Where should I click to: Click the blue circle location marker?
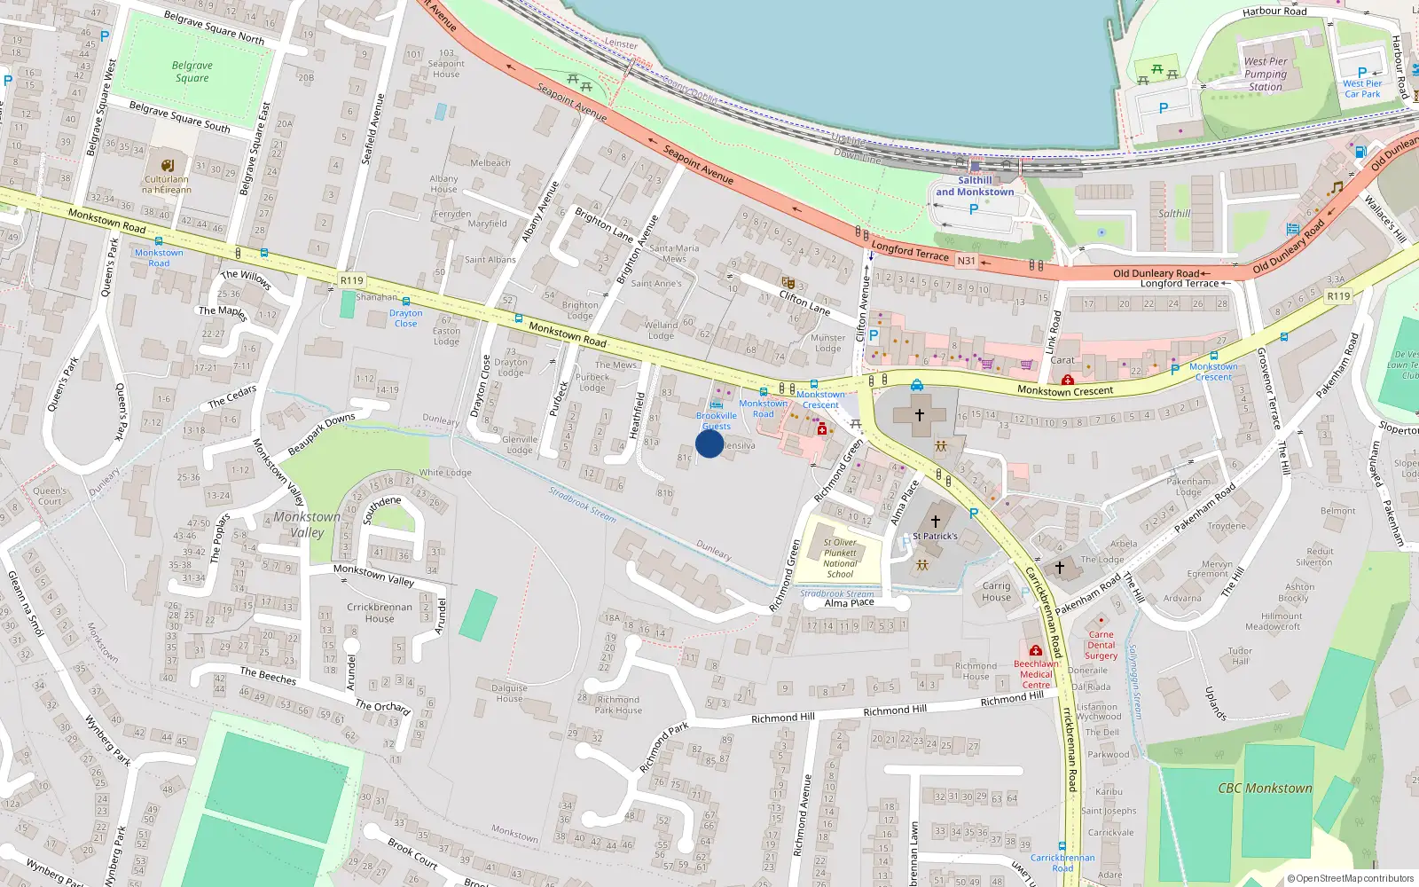coord(709,443)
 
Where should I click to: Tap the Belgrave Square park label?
coord(192,72)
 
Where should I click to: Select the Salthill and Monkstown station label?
coord(975,186)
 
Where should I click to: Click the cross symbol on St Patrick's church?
coord(935,521)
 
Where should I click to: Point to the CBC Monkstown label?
coord(1265,788)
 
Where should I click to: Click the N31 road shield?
coord(966,261)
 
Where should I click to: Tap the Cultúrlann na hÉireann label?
coord(167,184)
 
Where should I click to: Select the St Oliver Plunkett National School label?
coord(840,558)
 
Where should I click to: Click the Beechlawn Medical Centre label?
coord(1036,674)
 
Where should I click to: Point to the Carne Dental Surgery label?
coord(1101,645)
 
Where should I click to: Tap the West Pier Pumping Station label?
coord(1266,75)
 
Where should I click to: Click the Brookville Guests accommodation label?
coord(717,420)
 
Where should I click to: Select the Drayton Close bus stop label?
coord(405,318)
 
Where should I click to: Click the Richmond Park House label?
coord(618,704)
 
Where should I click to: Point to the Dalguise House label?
coord(509,693)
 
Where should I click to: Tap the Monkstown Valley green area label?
coord(307,524)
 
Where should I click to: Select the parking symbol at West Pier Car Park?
coord(1362,73)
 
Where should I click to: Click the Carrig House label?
coord(996,592)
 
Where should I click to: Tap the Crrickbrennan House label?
coord(380,613)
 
